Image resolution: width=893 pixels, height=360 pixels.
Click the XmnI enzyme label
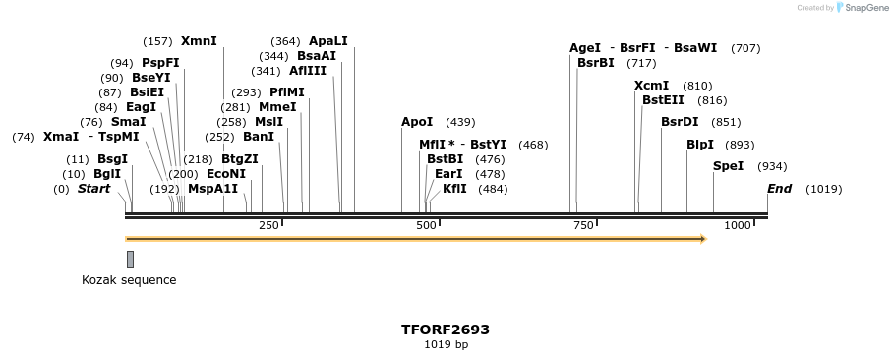pyautogui.click(x=199, y=41)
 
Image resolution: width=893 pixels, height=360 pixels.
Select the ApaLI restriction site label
pyautogui.click(x=327, y=41)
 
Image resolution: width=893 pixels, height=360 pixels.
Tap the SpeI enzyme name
pyautogui.click(x=728, y=166)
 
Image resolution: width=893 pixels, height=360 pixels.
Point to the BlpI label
pyautogui.click(x=700, y=144)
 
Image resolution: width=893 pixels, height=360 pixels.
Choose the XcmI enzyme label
pyautogui.click(x=651, y=86)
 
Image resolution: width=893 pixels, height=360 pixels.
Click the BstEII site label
pyautogui.click(x=663, y=100)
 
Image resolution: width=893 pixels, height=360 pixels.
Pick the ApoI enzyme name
pyautogui.click(x=417, y=122)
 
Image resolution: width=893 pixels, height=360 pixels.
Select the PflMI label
pyautogui.click(x=287, y=92)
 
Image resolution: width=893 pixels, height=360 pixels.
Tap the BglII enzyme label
pyautogui.click(x=107, y=174)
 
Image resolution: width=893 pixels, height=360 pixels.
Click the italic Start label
pyautogui.click(x=93, y=189)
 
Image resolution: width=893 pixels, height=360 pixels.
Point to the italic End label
pyautogui.click(x=779, y=189)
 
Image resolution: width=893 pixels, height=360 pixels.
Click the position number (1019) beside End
pyautogui.click(x=823, y=189)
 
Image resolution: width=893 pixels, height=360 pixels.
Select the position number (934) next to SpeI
pyautogui.click(x=773, y=166)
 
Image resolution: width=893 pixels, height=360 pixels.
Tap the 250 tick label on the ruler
pyautogui.click(x=268, y=226)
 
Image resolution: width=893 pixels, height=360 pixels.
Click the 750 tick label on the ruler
pyautogui.click(x=582, y=226)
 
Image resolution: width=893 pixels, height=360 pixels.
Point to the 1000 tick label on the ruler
pyautogui.click(x=737, y=226)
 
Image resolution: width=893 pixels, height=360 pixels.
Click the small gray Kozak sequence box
pyautogui.click(x=130, y=259)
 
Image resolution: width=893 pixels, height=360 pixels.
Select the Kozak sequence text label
pyautogui.click(x=129, y=280)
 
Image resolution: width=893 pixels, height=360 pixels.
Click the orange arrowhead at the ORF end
pyautogui.click(x=702, y=239)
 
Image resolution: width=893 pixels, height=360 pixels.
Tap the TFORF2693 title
pyautogui.click(x=446, y=330)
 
